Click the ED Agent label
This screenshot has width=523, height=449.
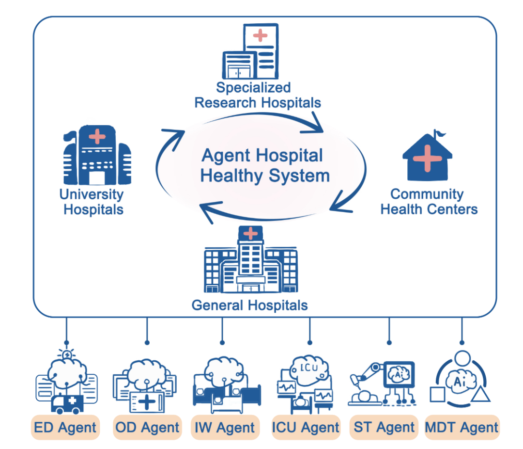coord(65,427)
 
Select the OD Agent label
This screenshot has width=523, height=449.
coord(147,427)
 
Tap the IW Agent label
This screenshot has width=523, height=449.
coord(225,427)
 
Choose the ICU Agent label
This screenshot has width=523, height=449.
coord(306,427)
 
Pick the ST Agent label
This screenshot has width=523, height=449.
coord(384,427)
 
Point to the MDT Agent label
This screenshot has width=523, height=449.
coord(461,427)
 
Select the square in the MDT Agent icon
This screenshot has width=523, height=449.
coord(437,395)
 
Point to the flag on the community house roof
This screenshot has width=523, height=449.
coord(439,132)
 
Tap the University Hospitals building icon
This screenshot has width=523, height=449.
coord(97,156)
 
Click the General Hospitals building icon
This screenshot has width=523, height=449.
coord(250,262)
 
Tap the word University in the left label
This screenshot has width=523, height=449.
coord(91,194)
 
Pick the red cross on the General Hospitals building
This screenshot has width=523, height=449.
coord(250,234)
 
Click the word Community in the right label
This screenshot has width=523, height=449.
coord(427,194)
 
